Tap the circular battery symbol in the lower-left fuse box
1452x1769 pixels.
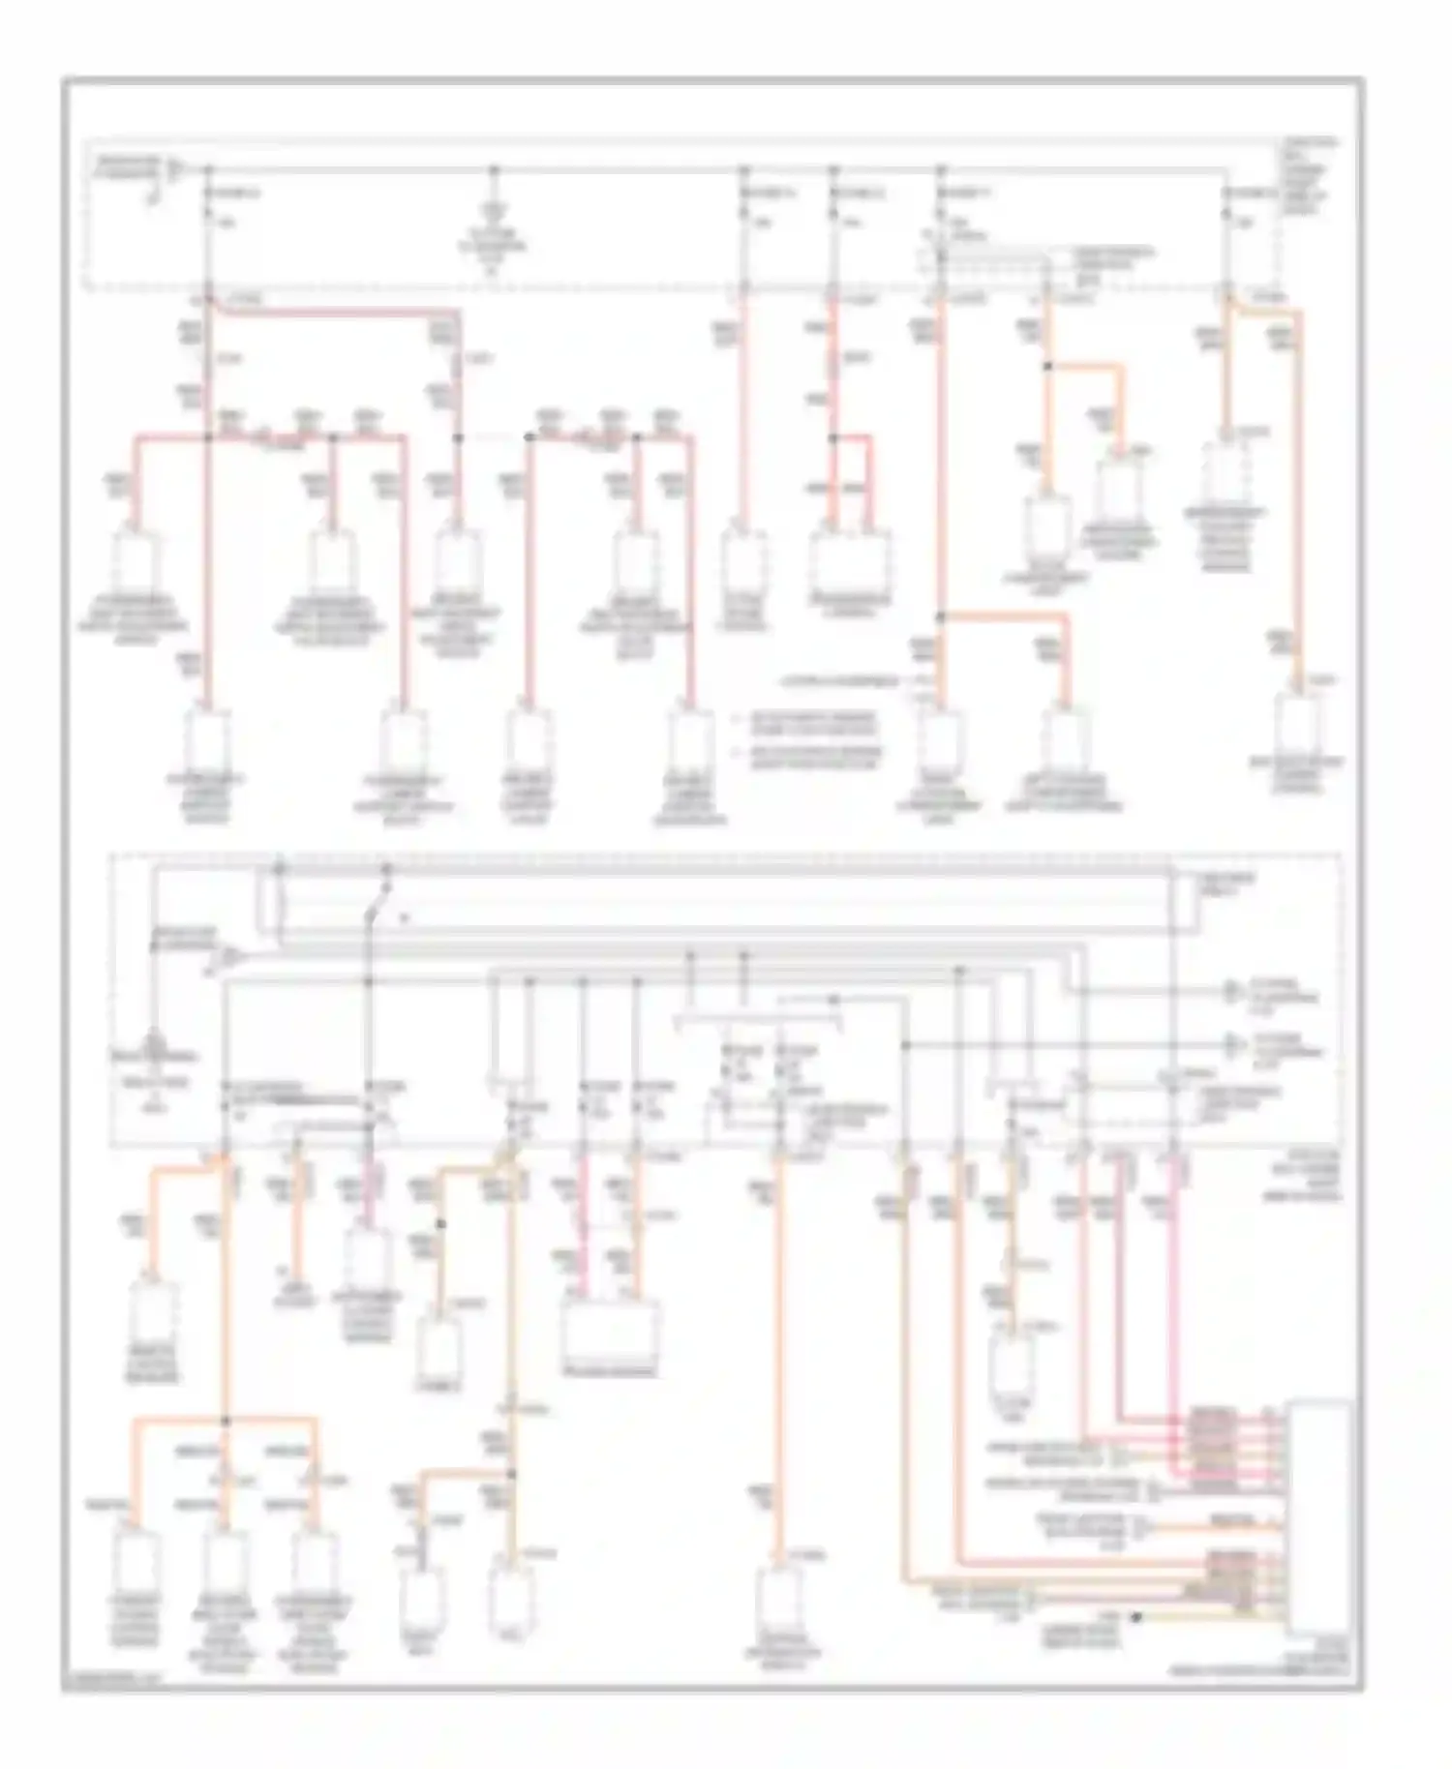pos(153,1046)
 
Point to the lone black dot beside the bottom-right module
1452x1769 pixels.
pos(1136,1617)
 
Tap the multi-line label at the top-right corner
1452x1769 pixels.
pos(1309,174)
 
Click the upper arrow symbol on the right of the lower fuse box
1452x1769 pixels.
pos(1231,990)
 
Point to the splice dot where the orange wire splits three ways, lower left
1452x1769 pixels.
pos(225,1421)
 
